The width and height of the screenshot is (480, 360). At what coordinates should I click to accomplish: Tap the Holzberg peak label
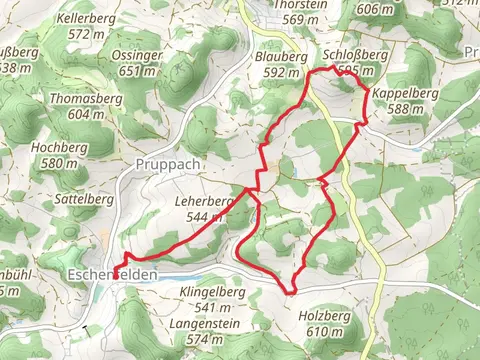(x=325, y=317)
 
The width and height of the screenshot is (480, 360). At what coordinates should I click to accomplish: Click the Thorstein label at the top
(x=300, y=5)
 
